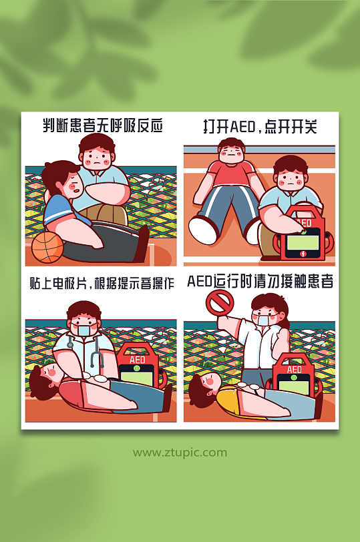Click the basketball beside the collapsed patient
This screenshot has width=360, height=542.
(47, 247)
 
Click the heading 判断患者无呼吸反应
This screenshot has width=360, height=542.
(102, 126)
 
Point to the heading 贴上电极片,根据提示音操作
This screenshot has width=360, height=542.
(102, 282)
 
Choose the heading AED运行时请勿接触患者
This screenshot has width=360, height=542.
(260, 282)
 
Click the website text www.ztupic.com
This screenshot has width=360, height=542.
(180, 453)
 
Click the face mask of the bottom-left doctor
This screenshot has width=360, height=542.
(84, 330)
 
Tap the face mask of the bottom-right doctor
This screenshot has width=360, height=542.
(262, 320)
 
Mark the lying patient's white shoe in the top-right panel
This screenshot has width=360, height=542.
(202, 230)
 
